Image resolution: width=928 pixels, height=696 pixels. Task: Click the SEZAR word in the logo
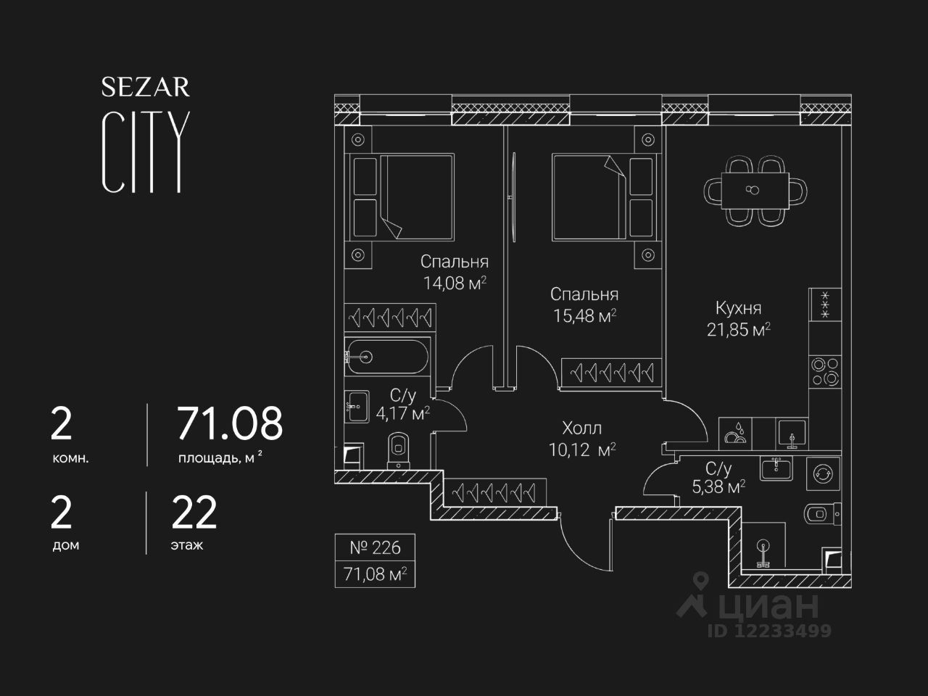coord(145,88)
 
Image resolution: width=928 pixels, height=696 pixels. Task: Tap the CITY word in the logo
coord(146,152)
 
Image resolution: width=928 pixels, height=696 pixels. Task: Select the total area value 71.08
coord(230,424)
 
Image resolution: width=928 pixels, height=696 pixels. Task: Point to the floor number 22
coord(194,513)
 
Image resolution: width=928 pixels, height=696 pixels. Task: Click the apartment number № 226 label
coord(375,547)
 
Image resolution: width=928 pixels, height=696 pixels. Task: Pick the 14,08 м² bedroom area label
coord(455,283)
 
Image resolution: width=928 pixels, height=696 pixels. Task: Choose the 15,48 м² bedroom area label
coord(584,315)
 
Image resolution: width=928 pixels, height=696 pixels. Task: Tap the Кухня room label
coord(738,308)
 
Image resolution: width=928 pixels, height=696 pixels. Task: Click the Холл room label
coord(581,428)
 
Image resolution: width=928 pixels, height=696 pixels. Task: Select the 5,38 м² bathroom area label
coord(718,487)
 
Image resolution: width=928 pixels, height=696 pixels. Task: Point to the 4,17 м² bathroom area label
coord(410,414)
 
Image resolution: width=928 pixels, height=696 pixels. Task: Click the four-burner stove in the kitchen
coord(825,371)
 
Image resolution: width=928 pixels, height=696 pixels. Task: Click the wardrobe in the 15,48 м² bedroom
coord(611,373)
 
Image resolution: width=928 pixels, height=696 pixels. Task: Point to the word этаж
coord(187,545)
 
